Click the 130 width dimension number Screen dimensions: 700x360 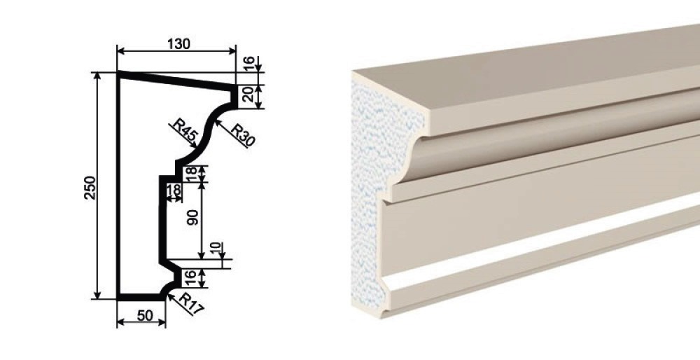pos(178,44)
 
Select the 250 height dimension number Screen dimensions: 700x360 pos(90,188)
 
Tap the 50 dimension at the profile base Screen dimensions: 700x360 pos(145,316)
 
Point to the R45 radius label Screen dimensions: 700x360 pos(183,132)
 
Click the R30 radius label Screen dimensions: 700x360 pos(242,134)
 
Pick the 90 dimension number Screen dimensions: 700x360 pos(193,217)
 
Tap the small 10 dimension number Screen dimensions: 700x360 pos(216,248)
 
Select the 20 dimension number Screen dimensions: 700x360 pos(248,95)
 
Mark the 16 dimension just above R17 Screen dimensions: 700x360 pos(190,278)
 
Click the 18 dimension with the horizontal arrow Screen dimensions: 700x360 pos(174,189)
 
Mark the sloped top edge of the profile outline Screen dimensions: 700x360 pos(176,81)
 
